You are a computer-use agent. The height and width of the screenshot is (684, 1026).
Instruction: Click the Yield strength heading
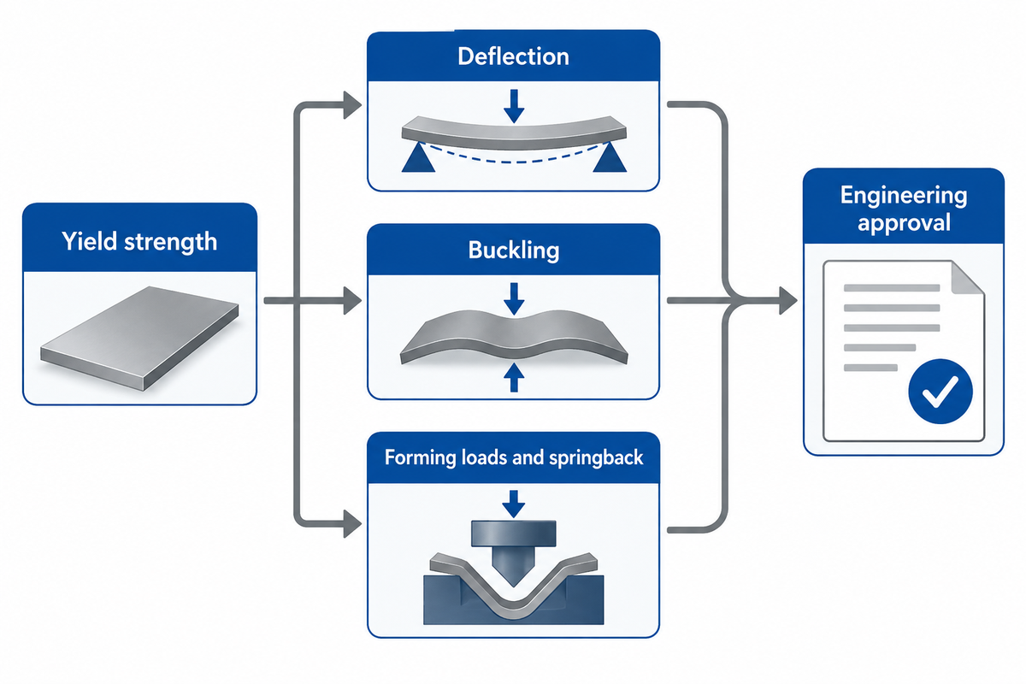139,241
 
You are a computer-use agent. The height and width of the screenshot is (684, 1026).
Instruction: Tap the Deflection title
513,56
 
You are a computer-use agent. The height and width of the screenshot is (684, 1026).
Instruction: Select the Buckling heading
514,251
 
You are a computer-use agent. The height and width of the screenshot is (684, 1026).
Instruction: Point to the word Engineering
904,196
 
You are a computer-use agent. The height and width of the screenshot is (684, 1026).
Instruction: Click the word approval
904,223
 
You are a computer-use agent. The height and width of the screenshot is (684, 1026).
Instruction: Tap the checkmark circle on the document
940,391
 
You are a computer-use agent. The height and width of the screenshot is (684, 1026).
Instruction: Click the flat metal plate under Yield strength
139,338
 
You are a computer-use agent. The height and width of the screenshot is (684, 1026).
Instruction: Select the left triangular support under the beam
418,158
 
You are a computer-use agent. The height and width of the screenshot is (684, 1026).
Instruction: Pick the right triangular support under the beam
610,158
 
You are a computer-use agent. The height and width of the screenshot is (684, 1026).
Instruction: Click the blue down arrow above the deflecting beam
514,106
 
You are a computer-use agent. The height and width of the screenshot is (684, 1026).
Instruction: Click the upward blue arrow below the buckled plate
514,378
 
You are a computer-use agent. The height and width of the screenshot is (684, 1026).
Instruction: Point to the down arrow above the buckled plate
514,298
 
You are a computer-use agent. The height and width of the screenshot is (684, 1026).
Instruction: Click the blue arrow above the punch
514,504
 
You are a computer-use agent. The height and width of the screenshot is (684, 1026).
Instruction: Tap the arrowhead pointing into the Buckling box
352,301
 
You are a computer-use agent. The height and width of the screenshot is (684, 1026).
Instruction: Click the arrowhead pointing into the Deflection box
352,105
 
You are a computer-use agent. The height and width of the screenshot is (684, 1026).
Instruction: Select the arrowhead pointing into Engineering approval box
788,301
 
